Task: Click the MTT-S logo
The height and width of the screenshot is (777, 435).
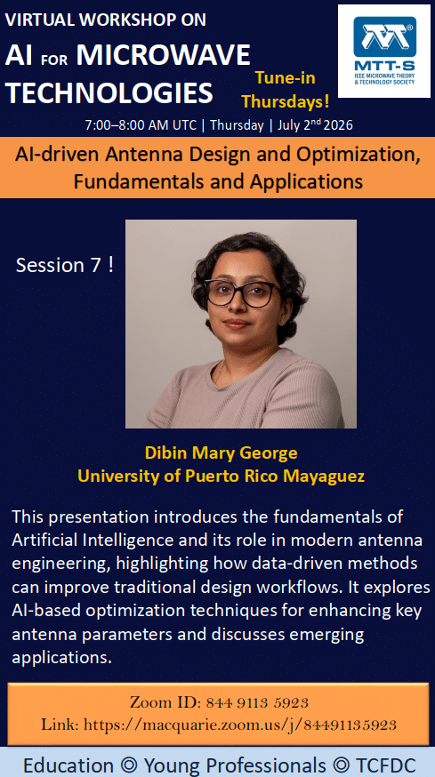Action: (x=384, y=51)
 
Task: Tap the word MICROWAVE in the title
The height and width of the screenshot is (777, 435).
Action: (x=164, y=55)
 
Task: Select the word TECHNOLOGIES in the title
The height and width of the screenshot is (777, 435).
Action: (x=109, y=92)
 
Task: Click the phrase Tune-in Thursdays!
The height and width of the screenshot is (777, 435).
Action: (x=286, y=90)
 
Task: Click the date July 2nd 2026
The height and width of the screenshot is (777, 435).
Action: (x=315, y=124)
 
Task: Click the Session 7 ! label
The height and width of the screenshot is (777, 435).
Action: (x=65, y=266)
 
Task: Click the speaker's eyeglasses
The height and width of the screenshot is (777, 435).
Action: (x=242, y=292)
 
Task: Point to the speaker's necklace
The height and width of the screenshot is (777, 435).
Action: (x=221, y=371)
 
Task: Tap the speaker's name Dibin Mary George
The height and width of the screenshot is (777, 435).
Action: (x=222, y=453)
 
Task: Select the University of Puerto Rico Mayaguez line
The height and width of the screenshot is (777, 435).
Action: (x=222, y=477)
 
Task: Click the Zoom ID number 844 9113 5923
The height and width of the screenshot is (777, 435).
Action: (x=257, y=702)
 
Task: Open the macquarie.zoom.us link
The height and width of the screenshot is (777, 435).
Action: (x=240, y=725)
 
